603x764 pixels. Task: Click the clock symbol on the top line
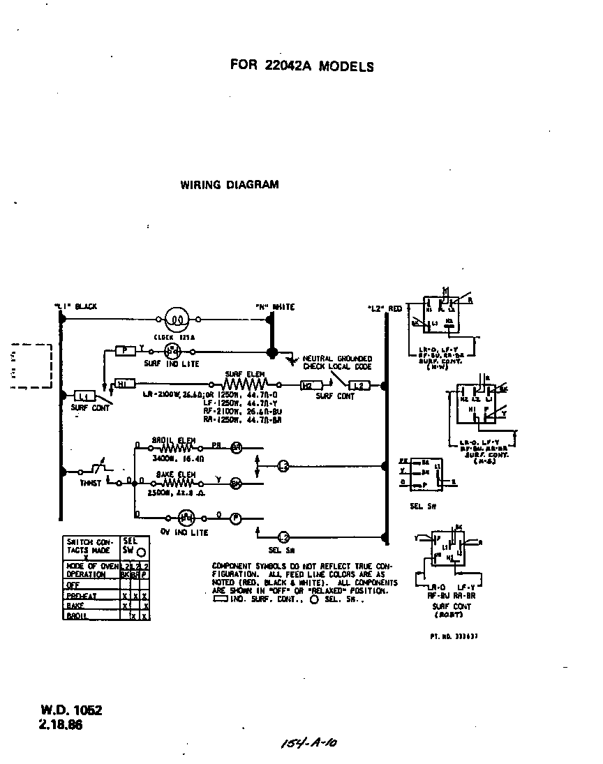pyautogui.click(x=177, y=320)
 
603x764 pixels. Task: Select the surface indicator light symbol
pyautogui.click(x=172, y=352)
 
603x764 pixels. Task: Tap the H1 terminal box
pyautogui.click(x=123, y=384)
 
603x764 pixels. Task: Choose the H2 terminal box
pyautogui.click(x=306, y=384)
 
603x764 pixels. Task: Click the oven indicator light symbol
pyautogui.click(x=186, y=518)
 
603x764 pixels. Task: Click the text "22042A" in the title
pyautogui.click(x=290, y=67)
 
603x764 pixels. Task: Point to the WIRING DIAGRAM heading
pyautogui.click(x=230, y=185)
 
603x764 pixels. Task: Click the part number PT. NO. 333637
pyautogui.click(x=453, y=636)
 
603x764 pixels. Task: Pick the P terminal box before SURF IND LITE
pyautogui.click(x=125, y=351)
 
